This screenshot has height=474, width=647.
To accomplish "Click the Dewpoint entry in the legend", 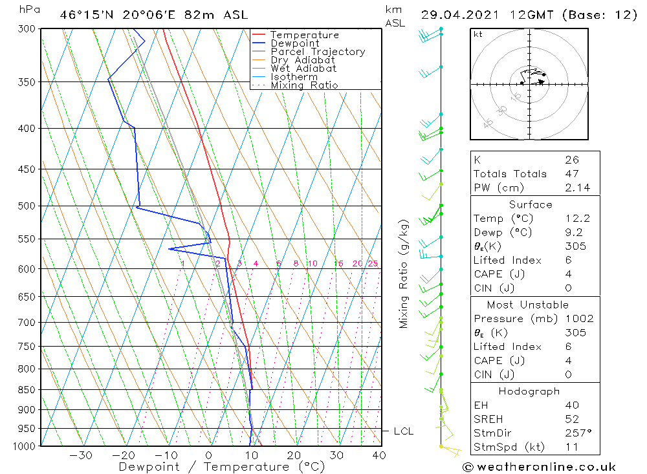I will (x=294, y=43).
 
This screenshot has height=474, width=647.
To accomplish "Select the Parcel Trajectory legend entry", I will (x=318, y=52).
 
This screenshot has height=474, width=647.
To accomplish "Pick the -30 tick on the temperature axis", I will (x=81, y=455).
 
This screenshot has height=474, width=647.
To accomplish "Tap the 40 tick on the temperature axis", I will (x=379, y=455).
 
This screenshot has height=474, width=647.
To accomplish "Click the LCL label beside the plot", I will (x=403, y=431).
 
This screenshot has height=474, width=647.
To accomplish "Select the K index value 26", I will (x=571, y=160).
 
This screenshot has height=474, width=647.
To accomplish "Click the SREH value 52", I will (x=571, y=419).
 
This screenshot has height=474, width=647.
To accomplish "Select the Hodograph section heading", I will (x=530, y=391).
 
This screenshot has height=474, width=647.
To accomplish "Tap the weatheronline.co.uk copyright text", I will (x=539, y=467).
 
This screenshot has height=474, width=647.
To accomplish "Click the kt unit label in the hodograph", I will (x=478, y=34).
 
